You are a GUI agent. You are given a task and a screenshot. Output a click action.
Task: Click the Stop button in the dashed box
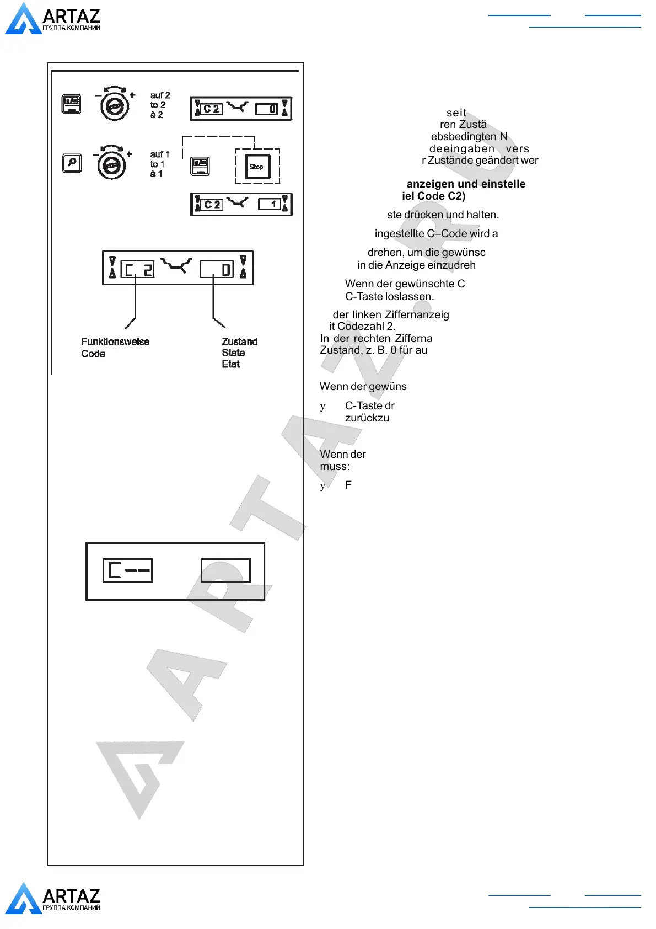pos(257,167)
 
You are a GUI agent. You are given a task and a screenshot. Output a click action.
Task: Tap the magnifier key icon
pos(72,163)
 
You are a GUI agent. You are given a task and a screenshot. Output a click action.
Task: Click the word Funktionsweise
pos(115,342)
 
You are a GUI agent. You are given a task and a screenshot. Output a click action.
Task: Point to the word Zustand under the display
pos(239,342)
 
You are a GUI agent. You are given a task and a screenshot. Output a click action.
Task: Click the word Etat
pos(230,364)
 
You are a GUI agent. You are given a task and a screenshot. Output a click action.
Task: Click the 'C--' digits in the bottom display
pos(128,570)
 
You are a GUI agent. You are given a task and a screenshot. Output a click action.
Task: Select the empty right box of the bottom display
pos(225,570)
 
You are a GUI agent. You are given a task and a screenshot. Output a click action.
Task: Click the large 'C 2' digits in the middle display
pos(137,270)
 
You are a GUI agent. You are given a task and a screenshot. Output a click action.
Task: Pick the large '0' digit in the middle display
pos(225,270)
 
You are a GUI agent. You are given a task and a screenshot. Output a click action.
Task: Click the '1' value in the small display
pos(273,204)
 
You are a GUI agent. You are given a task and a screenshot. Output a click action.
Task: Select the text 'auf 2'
pos(160,95)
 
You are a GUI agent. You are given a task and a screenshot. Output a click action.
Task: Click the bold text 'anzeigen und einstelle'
pos(466,184)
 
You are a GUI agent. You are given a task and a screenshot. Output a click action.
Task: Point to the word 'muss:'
pos(335,467)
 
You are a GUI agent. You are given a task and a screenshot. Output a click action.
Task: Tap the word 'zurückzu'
pos(367,418)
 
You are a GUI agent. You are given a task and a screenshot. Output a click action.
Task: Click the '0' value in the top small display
pos(272,109)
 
